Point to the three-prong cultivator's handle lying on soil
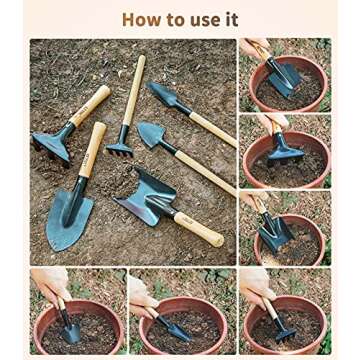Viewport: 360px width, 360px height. pos(132,95)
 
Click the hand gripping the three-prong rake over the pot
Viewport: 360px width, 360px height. pos(257,290)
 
